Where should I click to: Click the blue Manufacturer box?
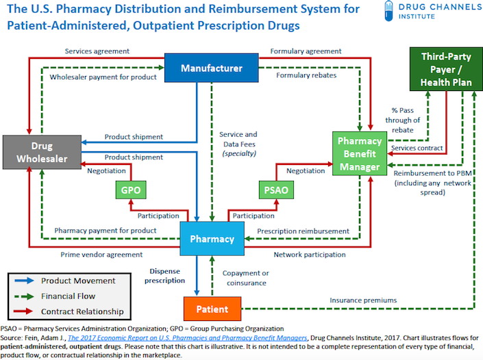(x=212, y=68)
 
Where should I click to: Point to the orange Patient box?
(x=211, y=309)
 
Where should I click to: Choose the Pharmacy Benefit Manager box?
(x=359, y=153)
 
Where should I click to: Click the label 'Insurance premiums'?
(x=362, y=300)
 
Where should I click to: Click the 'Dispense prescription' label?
(x=164, y=275)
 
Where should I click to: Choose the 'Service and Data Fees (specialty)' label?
(x=238, y=144)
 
